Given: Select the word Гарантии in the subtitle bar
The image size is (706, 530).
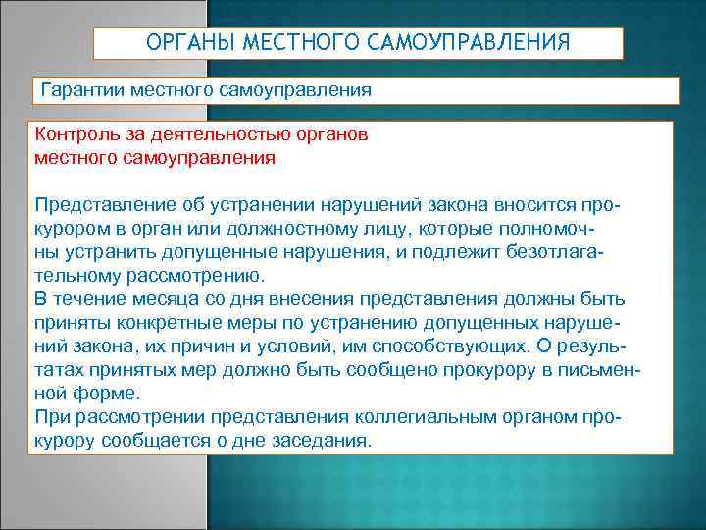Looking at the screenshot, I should point(81,90).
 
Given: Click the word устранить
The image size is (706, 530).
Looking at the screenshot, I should point(112,252).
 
